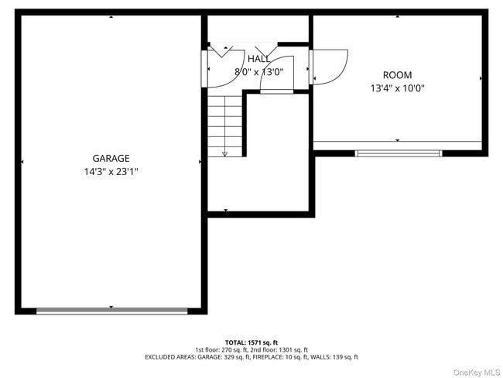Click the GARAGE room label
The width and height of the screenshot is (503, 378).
pos(111,158)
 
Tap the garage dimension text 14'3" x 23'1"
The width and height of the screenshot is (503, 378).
pos(111,171)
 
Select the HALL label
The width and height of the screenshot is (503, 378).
pos(258,59)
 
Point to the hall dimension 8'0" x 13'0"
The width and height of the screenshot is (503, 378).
pos(258,72)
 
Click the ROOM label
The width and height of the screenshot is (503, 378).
pos(397,75)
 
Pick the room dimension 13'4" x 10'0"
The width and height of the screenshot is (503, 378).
pos(397,88)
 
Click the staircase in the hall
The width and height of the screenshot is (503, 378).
pos(225,124)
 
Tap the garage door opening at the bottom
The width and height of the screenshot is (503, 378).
pos(111,311)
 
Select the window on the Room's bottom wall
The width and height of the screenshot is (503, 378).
pos(398,153)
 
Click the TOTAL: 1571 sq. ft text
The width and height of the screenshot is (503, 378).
pos(251,342)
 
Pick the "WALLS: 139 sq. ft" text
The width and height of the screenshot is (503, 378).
pos(334,358)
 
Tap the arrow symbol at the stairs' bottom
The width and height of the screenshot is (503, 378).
pos(224,153)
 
